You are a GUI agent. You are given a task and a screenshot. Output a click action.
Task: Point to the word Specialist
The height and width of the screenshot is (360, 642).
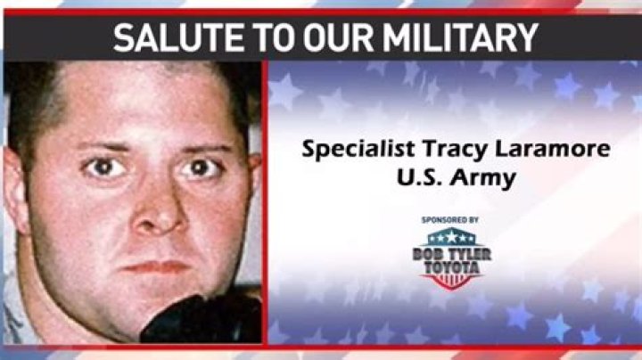point(358,150)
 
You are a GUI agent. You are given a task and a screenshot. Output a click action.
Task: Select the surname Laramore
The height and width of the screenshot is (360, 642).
point(553,149)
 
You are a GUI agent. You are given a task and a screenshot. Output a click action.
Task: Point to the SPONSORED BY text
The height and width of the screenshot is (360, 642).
point(450,220)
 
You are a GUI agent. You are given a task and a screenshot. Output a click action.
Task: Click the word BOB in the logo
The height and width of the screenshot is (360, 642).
point(427,255)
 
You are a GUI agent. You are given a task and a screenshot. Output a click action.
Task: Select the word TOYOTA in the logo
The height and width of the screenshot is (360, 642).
point(451,268)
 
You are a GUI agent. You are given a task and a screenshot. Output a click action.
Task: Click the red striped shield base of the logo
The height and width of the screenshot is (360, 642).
point(451,282)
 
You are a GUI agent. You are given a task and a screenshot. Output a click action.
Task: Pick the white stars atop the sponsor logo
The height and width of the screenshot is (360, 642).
point(451,237)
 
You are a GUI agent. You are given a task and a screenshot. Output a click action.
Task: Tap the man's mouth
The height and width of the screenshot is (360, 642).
point(155,267)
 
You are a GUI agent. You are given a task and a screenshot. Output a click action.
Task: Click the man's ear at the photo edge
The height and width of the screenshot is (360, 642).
point(14,188)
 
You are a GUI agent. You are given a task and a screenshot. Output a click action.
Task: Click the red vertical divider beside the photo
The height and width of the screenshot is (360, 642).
point(265,202)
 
